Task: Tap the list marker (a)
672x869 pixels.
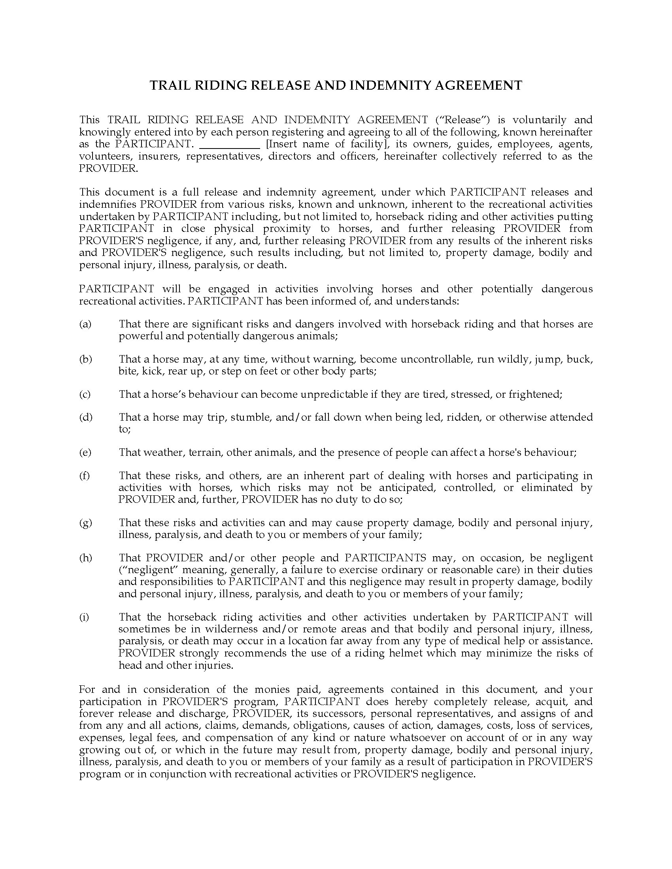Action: tap(85, 324)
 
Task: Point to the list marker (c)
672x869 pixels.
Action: tap(85, 394)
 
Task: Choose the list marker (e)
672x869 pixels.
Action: tap(85, 452)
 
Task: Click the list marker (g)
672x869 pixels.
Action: tap(86, 523)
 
